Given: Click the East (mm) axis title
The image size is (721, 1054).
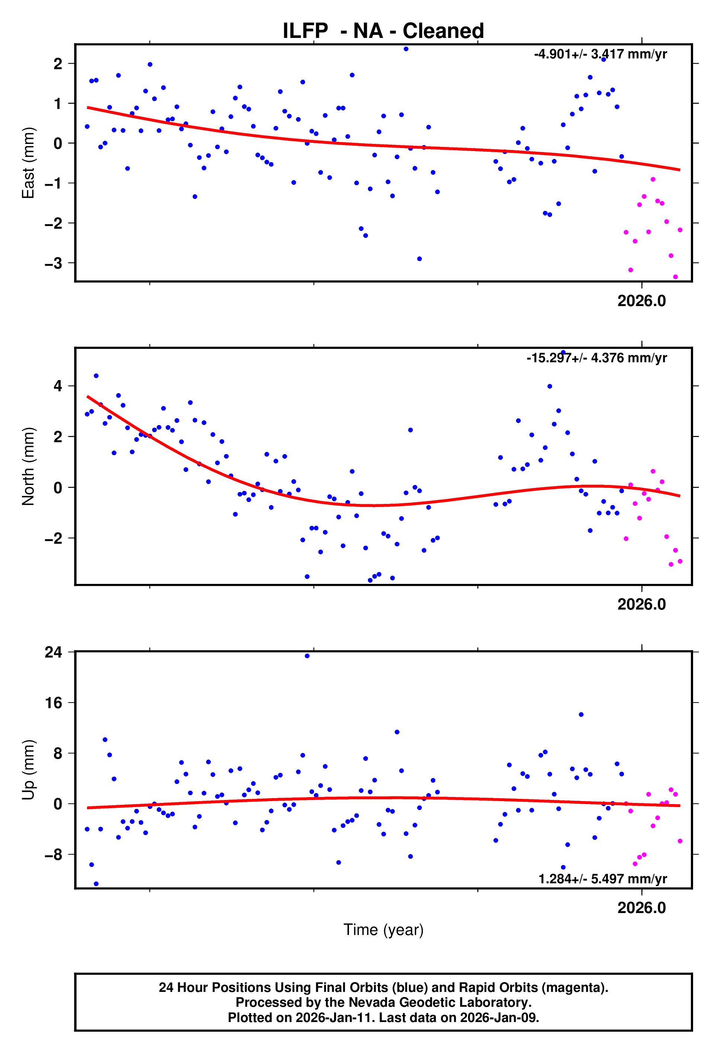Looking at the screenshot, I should pyautogui.click(x=28, y=163).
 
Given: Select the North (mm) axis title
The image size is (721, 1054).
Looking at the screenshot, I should pyautogui.click(x=28, y=466).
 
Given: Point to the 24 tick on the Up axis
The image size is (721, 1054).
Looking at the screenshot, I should pyautogui.click(x=53, y=652).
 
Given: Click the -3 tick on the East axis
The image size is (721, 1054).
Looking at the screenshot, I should pyautogui.click(x=53, y=263).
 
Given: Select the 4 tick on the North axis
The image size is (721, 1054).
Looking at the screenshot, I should pyautogui.click(x=58, y=386).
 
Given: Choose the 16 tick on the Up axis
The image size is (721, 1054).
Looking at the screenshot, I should pyautogui.click(x=53, y=703).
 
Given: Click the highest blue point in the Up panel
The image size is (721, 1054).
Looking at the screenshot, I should pyautogui.click(x=307, y=656).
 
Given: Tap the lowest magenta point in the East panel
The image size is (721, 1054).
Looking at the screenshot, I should pyautogui.click(x=675, y=277).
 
